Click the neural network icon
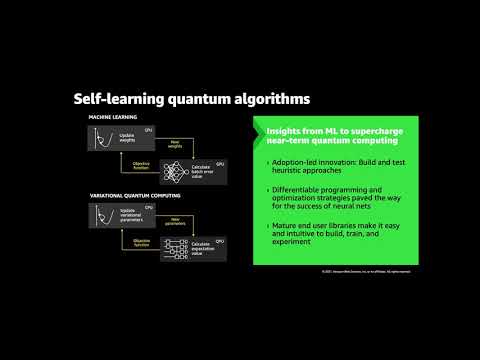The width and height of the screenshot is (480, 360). pos(175,171)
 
